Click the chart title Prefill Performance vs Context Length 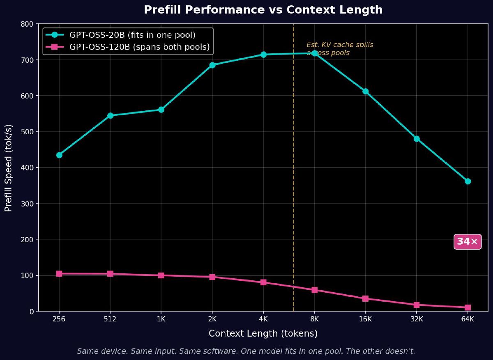tap(263, 10)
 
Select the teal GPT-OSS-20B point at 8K tap(315, 53)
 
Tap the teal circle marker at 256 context tap(59, 155)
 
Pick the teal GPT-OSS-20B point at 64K tap(468, 181)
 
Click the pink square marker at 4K tap(263, 282)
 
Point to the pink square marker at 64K tap(468, 307)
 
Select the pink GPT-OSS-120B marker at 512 tap(110, 274)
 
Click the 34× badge tap(467, 242)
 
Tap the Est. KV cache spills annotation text tap(339, 49)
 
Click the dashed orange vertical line tap(293, 164)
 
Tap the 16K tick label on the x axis tap(365, 319)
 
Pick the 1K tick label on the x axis tap(161, 319)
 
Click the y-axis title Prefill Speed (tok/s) tap(9, 168)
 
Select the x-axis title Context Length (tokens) tap(263, 334)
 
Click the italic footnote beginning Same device tap(246, 351)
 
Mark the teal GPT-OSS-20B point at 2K tap(212, 65)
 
